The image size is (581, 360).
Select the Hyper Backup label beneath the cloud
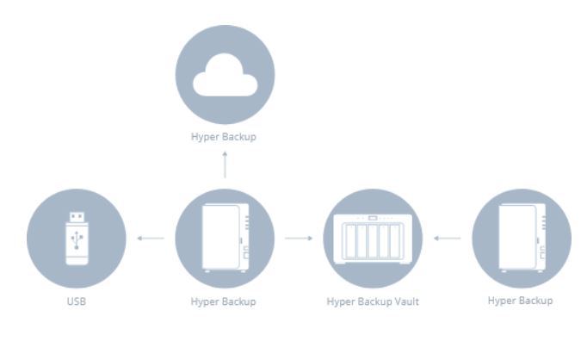[225, 136]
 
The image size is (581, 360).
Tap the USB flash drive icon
[77, 239]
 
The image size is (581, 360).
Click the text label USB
[77, 302]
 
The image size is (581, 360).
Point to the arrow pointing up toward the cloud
[225, 163]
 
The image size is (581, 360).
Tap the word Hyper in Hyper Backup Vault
[341, 302]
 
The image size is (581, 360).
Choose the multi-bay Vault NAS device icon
[373, 239]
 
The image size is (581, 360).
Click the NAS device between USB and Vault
[225, 239]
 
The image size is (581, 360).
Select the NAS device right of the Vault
[521, 239]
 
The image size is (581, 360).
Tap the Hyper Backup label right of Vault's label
[520, 301]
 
